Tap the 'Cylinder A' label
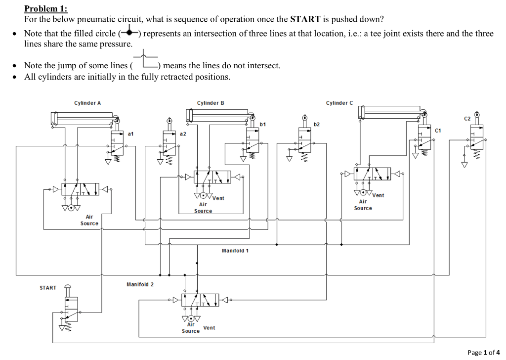click(87, 103)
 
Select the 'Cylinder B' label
click(211, 103)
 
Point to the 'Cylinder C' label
click(339, 103)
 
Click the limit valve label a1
click(130, 134)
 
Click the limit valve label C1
click(438, 130)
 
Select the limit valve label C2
click(467, 119)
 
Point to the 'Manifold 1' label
click(235, 251)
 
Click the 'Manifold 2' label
click(140, 284)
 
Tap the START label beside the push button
click(48, 288)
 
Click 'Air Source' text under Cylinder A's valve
click(89, 220)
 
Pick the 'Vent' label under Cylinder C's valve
click(378, 195)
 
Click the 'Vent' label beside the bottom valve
click(209, 328)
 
